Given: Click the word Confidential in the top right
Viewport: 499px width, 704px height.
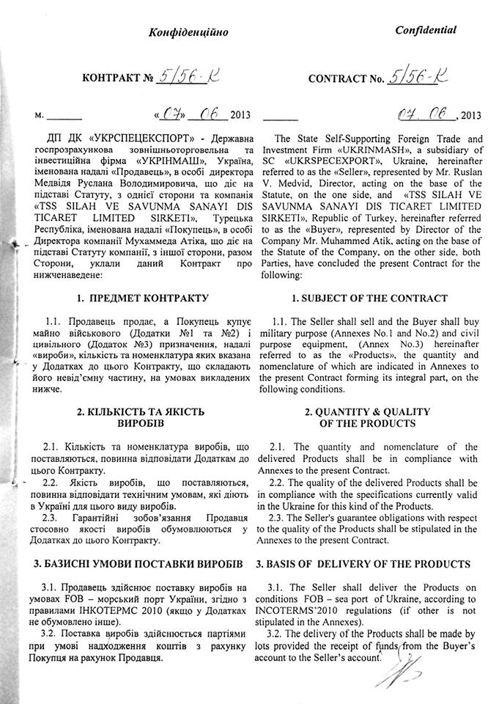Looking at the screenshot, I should [x=426, y=30].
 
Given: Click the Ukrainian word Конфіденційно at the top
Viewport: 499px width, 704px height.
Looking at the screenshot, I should [x=189, y=32].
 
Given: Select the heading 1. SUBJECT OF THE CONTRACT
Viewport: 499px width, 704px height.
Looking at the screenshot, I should [x=369, y=298].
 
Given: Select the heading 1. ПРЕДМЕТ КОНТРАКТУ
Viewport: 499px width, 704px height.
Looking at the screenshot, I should [x=143, y=298].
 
